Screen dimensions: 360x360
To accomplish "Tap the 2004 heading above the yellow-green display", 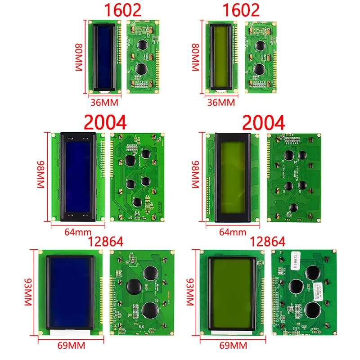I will (264, 123).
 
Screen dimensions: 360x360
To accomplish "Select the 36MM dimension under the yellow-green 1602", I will (220, 103).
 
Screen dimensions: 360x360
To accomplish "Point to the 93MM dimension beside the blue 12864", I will (27, 292).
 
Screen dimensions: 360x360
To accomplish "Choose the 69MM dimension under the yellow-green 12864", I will (232, 346).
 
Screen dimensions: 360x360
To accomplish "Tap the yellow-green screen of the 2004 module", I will (233, 177).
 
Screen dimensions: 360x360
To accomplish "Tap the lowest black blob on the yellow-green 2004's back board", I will (293, 208).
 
